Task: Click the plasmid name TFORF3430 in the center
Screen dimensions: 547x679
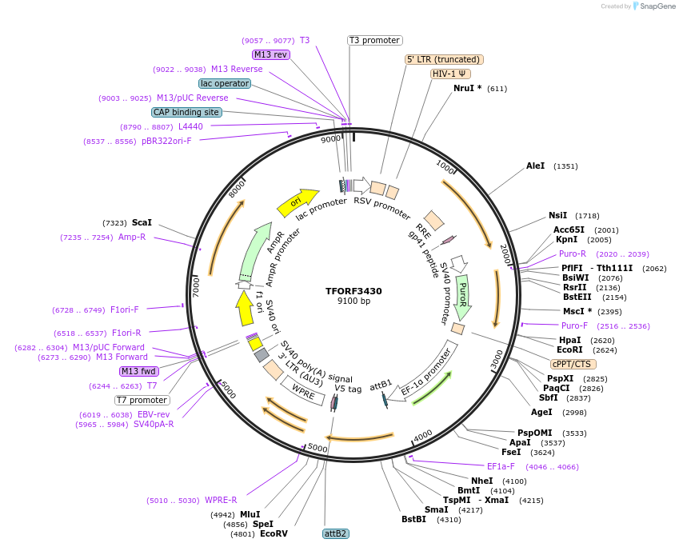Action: pos(353,291)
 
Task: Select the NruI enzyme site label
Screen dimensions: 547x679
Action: pos(467,88)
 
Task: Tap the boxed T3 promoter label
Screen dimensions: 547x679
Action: pos(374,40)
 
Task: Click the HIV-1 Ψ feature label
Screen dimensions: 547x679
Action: pos(450,74)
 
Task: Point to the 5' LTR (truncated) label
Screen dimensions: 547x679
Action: pos(444,59)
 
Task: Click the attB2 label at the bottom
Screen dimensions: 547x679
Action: pos(336,533)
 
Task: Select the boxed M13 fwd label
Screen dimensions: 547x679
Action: pos(138,371)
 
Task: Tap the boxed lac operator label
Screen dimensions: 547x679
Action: pos(225,83)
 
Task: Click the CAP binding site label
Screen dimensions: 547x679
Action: pos(186,112)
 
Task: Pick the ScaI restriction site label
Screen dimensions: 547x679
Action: pos(142,222)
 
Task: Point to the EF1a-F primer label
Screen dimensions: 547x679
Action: pos(501,466)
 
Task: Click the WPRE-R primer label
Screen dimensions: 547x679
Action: pos(221,501)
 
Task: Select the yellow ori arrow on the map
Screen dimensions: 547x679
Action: pos(297,203)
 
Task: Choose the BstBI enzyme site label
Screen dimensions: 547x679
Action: pos(413,520)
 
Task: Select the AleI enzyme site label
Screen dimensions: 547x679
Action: pos(535,166)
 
